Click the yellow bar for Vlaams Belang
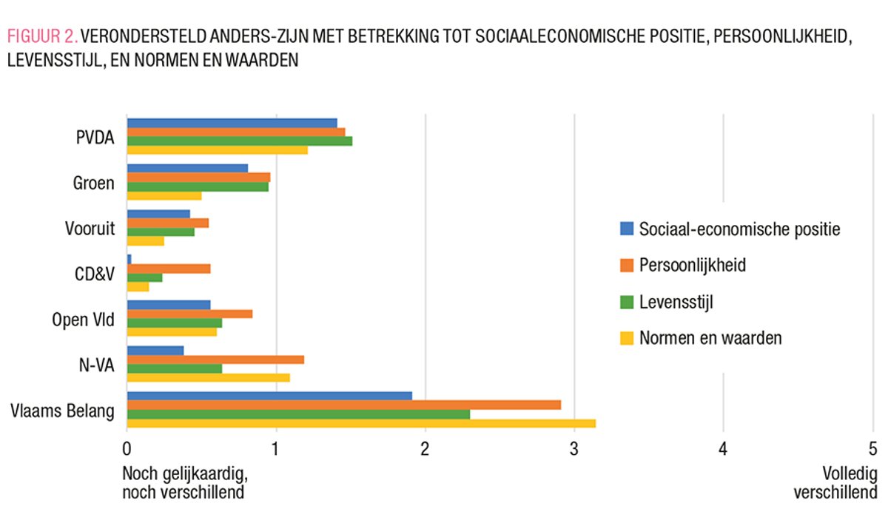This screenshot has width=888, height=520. pos(361,423)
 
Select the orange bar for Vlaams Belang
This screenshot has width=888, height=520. pos(344,405)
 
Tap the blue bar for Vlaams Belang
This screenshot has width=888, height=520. pos(269,396)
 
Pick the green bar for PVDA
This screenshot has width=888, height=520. pos(240,141)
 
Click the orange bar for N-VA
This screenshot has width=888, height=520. pos(215,359)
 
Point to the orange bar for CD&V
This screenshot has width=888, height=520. pos(169,269)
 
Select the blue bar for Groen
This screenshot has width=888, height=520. pos(187,168)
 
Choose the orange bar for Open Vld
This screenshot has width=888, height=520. pos(189,314)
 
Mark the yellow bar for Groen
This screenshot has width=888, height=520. pos(164,195)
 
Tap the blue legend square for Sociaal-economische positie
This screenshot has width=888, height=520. pos(626,229)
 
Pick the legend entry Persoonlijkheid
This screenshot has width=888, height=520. pos(692,265)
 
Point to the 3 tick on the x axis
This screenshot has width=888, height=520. pos(574,449)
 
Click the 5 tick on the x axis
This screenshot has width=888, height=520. pos(872,449)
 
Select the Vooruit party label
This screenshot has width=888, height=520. pos(90,228)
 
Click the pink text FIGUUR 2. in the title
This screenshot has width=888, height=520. pos(41,36)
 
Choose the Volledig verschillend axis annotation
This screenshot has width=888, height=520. pos(836,483)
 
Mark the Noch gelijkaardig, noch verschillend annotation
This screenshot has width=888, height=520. pos(183,483)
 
